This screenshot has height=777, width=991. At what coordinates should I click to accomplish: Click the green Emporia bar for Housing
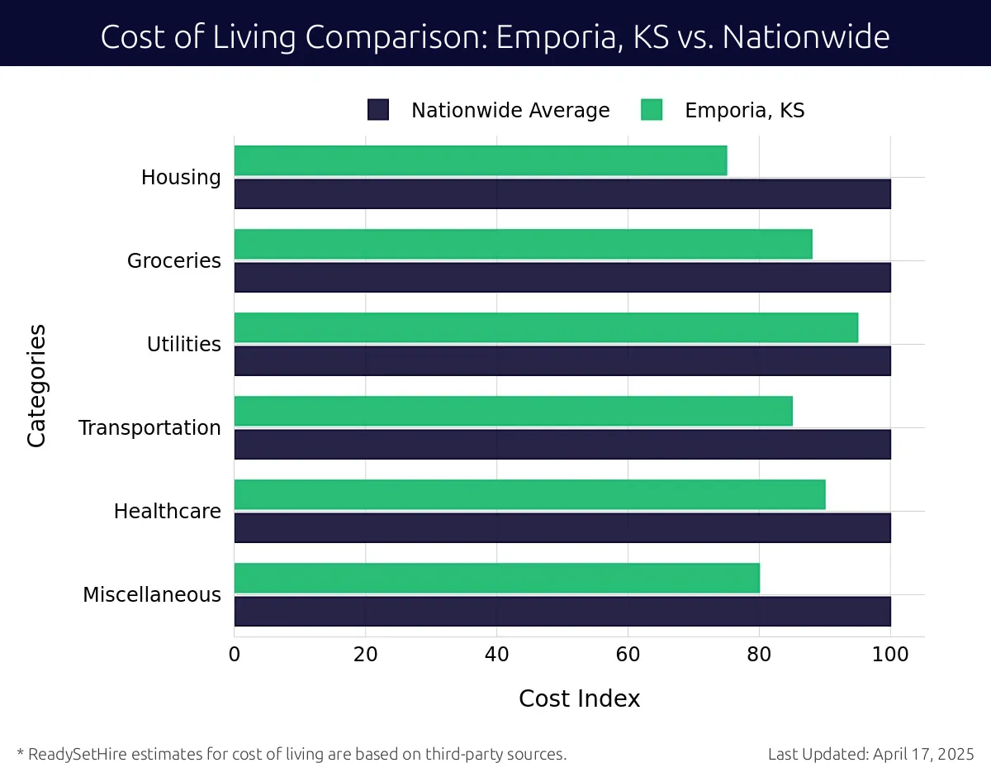(481, 160)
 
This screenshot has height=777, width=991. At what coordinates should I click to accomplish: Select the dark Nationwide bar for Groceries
(562, 277)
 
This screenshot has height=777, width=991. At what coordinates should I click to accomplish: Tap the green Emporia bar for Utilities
(546, 327)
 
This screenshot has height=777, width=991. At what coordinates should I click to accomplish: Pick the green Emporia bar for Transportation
(513, 411)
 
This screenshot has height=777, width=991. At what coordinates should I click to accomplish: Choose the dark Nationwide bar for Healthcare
(562, 527)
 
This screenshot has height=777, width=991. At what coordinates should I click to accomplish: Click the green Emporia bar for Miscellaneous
(496, 578)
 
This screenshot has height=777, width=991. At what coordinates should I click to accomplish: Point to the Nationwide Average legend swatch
(378, 110)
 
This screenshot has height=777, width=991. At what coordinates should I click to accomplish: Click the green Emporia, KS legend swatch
(652, 110)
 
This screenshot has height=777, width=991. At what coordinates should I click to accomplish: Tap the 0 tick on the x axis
(235, 655)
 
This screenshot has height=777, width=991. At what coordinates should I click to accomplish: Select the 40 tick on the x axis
(496, 655)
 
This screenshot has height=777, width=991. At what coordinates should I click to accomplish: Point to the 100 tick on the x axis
(890, 655)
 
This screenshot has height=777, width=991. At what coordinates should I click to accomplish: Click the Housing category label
(181, 178)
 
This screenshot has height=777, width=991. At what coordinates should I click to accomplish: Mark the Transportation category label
(149, 428)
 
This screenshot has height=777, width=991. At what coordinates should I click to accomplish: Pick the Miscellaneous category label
(152, 595)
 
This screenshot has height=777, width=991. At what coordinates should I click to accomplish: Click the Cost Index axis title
(579, 698)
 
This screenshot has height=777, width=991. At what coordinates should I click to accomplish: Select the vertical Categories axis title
(36, 386)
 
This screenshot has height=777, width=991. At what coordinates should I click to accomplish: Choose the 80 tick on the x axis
(759, 655)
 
